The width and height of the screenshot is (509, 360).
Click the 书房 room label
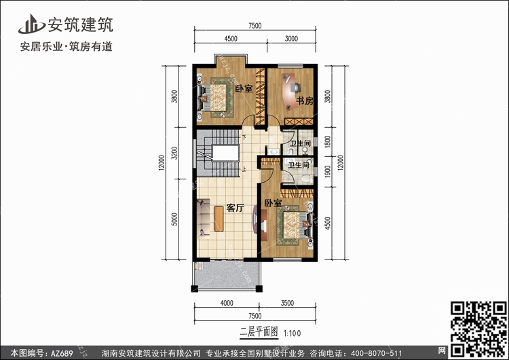[x=305, y=101]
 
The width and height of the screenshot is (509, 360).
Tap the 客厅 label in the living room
[x=235, y=208]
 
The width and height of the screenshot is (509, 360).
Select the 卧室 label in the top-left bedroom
[x=244, y=88]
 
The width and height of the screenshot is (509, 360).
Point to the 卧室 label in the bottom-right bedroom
[x=273, y=203]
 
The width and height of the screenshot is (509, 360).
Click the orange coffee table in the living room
[x=219, y=219]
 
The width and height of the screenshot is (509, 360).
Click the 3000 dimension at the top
[x=291, y=39]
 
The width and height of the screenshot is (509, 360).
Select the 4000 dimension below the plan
[x=227, y=303]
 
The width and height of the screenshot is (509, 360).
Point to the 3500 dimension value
[x=287, y=303]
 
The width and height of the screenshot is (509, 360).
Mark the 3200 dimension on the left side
[x=174, y=153]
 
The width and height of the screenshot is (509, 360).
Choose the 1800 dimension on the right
[x=328, y=142]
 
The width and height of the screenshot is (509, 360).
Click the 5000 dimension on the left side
[x=174, y=219]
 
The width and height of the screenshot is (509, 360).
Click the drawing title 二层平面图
[x=259, y=332]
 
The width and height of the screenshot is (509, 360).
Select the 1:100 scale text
[x=292, y=334]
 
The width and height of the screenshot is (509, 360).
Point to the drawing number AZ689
[x=62, y=353]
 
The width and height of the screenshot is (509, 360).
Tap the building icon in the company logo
[x=31, y=24]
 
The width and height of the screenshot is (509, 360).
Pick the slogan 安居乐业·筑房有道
[x=67, y=46]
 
